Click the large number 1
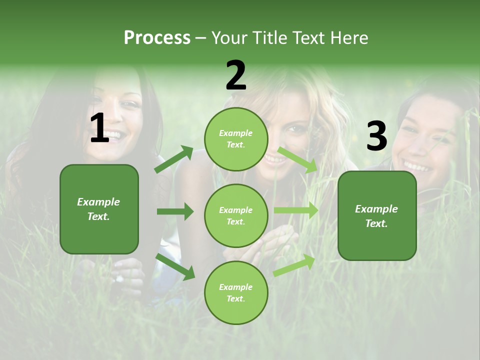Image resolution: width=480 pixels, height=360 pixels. pos(99,128)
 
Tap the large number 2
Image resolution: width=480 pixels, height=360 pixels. pos(236,75)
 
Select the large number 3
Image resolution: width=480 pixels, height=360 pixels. pos(376,136)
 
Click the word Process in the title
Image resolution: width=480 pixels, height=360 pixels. pos(157,37)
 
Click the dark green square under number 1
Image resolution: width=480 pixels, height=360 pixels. pos(99,209)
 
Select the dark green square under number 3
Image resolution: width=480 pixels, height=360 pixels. pos(377,215)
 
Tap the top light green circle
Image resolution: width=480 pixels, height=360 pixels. pos(236,139)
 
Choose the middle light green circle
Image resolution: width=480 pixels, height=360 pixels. pos(236,215)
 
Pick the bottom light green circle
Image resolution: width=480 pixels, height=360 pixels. pos(236,292)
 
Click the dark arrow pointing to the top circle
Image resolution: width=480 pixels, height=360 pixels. pos(173,159)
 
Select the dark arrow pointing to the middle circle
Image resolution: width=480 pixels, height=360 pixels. pos(175,211)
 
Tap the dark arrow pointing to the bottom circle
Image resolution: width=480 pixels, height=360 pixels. pos(175,266)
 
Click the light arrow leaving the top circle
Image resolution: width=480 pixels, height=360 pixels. pos(297,159)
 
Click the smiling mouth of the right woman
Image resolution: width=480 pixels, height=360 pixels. pos(417,165)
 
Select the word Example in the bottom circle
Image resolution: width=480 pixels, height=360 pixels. pos(236,287)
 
